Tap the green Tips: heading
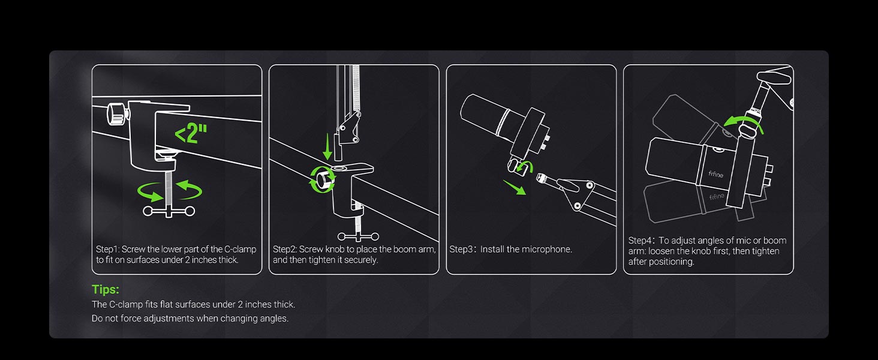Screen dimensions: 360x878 (x=106, y=290)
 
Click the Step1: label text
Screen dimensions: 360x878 (x=107, y=249)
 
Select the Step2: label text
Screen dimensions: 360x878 (x=284, y=249)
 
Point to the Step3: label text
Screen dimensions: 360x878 (x=461, y=249)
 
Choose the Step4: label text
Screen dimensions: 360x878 (x=641, y=240)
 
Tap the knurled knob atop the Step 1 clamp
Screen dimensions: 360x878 (x=116, y=112)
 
